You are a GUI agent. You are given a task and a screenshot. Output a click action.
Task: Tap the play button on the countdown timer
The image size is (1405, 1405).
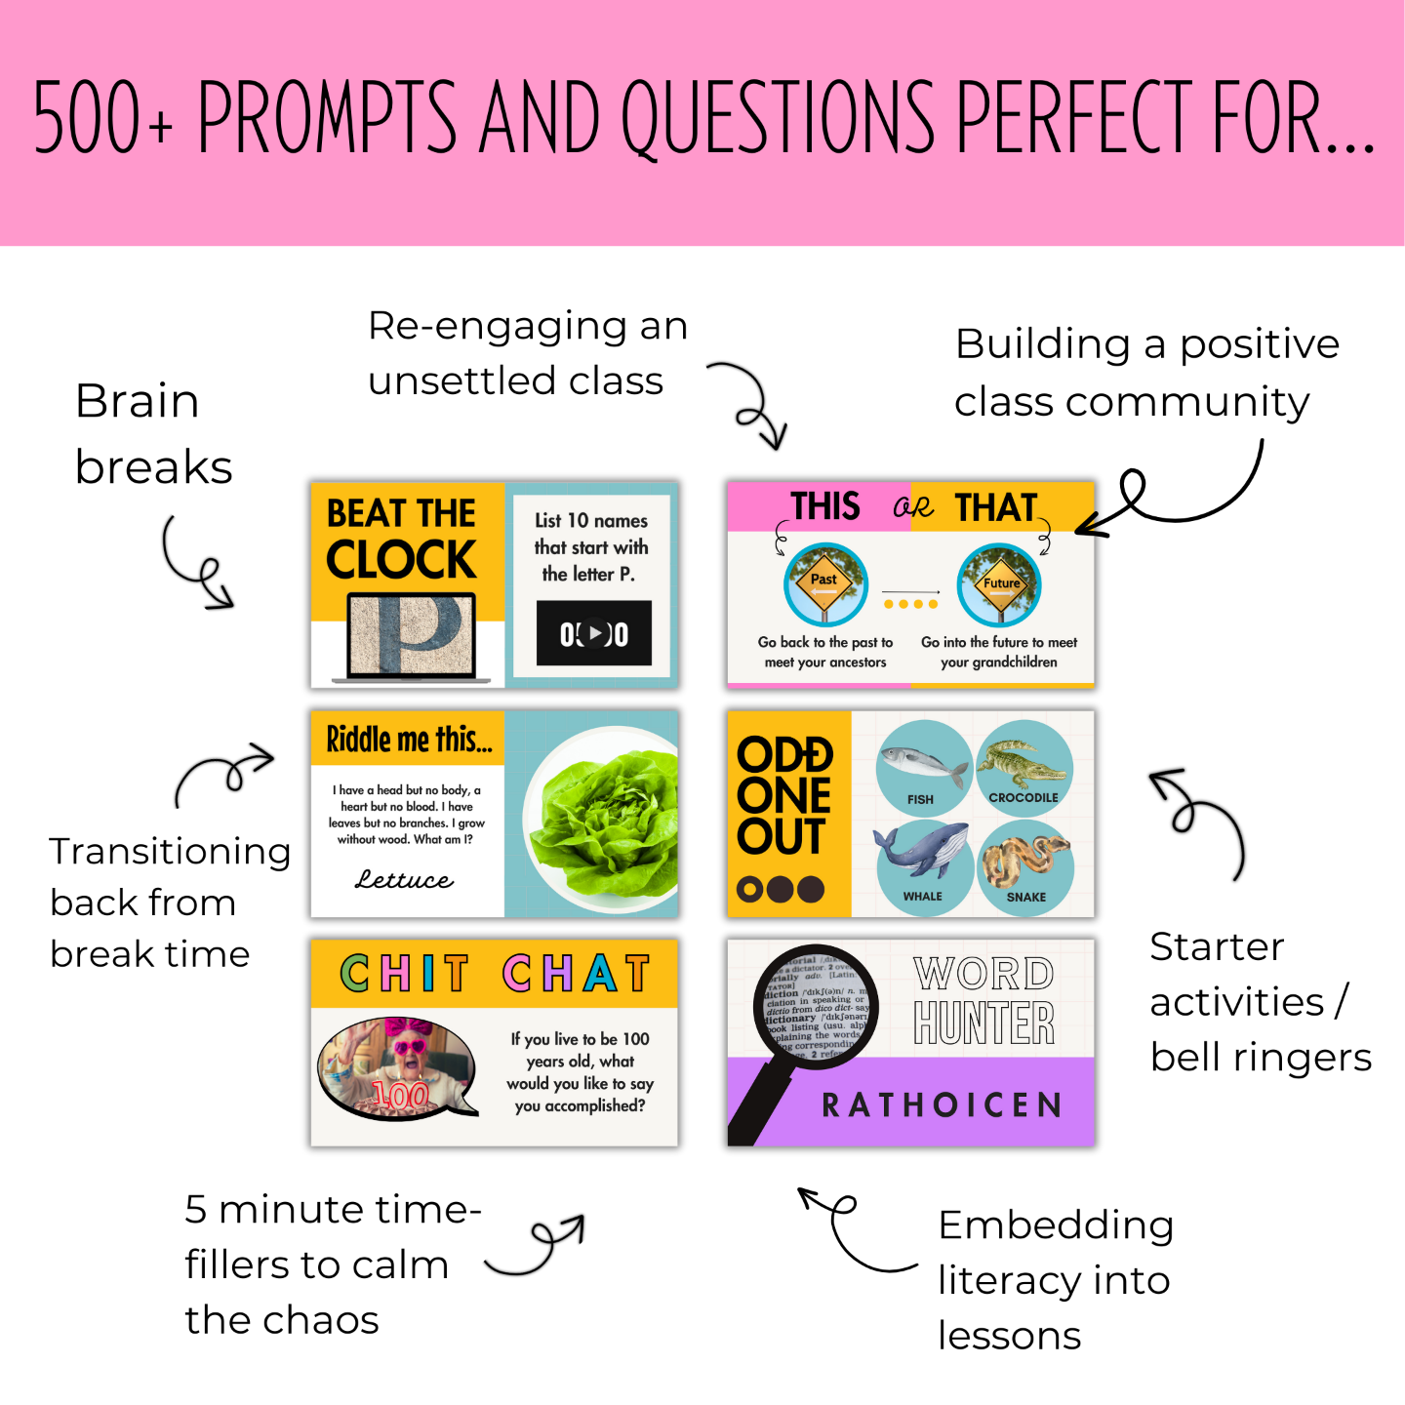(x=594, y=633)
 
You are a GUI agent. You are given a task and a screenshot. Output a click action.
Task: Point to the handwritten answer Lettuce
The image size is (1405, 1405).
(x=404, y=880)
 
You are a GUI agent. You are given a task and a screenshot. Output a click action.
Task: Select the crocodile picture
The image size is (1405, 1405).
(x=1024, y=766)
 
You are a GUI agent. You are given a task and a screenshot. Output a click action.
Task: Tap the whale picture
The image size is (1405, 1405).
(x=922, y=859)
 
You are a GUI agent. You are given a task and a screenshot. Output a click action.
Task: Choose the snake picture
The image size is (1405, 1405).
(x=1025, y=862)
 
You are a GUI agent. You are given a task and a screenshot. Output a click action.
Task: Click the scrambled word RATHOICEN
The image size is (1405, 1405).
(x=942, y=1105)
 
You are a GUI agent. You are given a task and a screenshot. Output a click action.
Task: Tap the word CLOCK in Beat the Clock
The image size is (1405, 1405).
(x=401, y=560)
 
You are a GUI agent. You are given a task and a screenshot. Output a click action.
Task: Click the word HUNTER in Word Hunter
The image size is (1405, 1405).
(x=984, y=1024)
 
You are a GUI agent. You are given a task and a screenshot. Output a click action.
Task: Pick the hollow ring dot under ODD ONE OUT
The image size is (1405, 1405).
(x=749, y=889)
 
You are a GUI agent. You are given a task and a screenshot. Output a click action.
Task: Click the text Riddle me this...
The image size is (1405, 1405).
(x=409, y=741)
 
